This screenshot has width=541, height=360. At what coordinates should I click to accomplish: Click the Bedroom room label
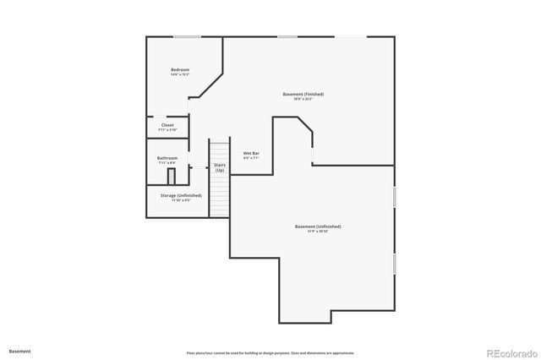tap(179, 69)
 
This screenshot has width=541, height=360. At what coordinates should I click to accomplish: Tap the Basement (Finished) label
tap(303, 94)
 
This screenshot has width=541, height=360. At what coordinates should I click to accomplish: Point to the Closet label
tap(167, 125)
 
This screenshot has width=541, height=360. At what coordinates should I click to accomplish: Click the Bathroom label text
tap(167, 158)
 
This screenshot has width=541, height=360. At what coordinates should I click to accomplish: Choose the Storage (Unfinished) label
tap(181, 195)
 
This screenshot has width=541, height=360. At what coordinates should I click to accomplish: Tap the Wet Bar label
tap(252, 153)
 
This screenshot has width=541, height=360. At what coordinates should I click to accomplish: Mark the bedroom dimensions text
tap(179, 74)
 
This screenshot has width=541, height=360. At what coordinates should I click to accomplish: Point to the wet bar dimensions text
tap(252, 158)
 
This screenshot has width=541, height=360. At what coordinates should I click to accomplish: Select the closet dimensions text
tap(167, 130)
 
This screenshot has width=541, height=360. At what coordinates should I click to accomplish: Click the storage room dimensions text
tap(181, 200)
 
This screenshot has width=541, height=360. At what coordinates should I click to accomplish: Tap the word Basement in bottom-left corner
tap(20, 351)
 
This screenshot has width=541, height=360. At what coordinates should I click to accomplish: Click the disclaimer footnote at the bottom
tap(270, 352)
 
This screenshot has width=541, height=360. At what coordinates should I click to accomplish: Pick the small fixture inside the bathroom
tap(171, 176)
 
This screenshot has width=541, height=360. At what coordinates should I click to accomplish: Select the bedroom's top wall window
tap(187, 36)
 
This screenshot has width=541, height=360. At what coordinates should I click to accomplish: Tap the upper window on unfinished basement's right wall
tap(394, 196)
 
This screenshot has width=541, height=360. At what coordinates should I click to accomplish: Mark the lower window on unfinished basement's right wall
tap(394, 262)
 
